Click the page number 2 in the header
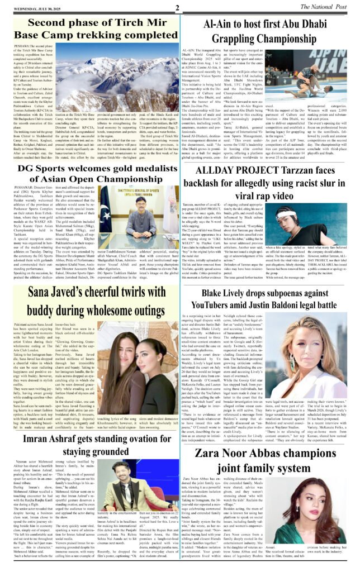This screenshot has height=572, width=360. tap(176, 8)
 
